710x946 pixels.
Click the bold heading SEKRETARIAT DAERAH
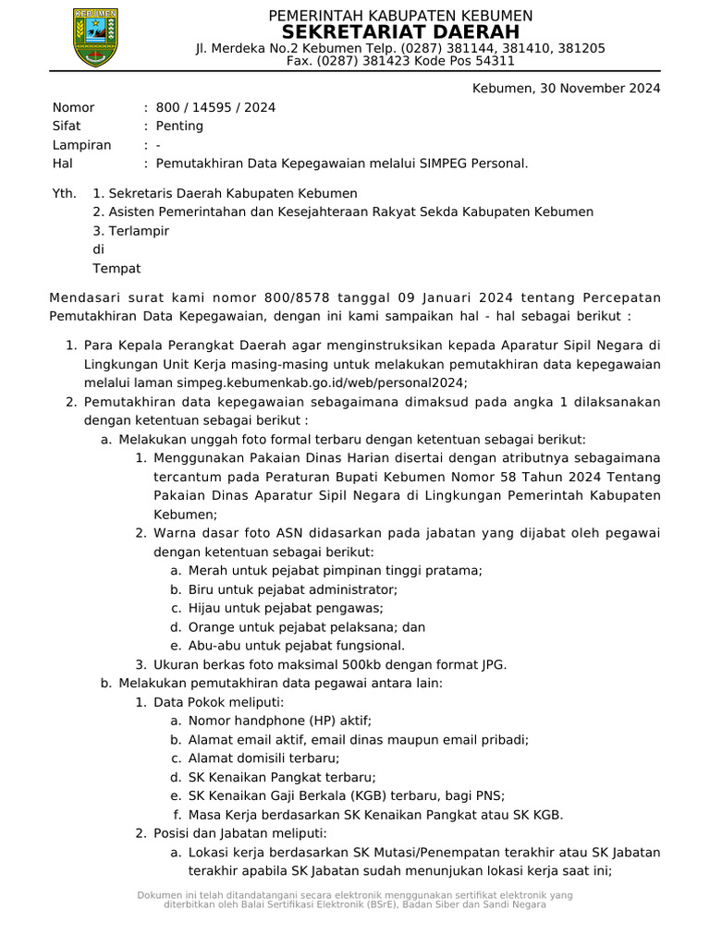399,31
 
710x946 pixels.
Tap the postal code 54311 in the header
495,61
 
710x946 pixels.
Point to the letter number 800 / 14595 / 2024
215,107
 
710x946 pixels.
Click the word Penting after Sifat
179,126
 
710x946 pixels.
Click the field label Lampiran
81,145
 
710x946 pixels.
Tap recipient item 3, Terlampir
139,231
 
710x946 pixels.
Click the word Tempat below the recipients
116,268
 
